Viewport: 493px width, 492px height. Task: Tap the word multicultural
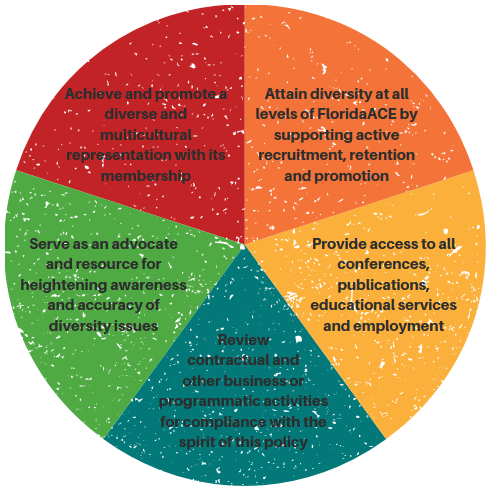[146, 135]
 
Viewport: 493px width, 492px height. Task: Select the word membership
[146, 176]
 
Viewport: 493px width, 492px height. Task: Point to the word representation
[119, 156]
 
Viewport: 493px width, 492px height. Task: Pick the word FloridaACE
[357, 114]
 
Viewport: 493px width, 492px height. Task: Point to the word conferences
[383, 265]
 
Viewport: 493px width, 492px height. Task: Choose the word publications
[383, 286]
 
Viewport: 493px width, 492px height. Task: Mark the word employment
[399, 326]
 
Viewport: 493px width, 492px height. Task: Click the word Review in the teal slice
[243, 340]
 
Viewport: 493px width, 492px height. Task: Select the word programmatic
[207, 401]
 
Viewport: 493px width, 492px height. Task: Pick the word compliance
[224, 422]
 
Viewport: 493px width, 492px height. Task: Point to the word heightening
[63, 285]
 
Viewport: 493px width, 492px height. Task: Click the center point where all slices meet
[243, 247]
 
